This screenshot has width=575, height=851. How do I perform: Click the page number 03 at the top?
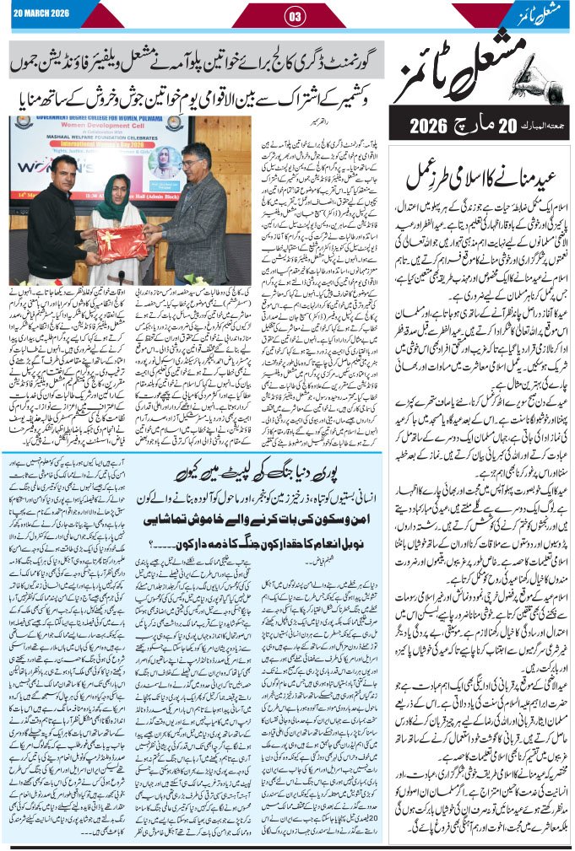pos(296,16)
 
